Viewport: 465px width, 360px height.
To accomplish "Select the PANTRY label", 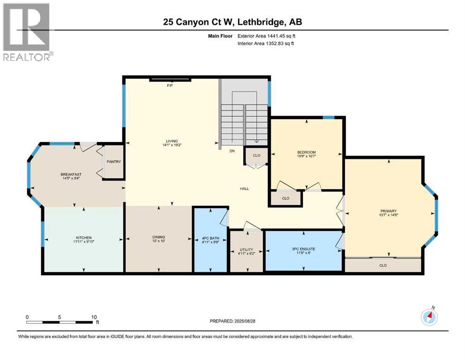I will [113, 162].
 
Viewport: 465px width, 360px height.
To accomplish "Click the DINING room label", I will [158, 237].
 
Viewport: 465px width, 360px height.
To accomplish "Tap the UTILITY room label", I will [246, 249].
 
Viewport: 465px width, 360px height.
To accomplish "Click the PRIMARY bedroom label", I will [388, 210].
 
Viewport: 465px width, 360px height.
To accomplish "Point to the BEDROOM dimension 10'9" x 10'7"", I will [307, 157].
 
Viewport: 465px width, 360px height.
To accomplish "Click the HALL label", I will [244, 189].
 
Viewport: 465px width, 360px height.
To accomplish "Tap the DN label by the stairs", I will [232, 151].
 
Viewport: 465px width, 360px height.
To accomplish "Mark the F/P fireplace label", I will [170, 86].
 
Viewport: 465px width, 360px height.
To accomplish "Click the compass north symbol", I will [429, 317].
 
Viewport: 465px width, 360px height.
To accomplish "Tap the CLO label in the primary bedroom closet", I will [383, 265].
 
